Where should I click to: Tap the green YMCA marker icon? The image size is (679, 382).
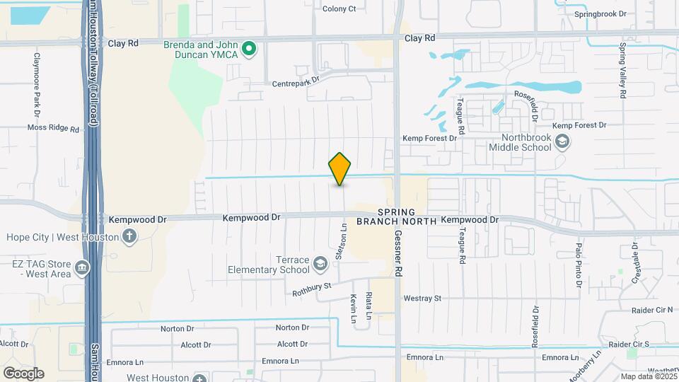(249, 49)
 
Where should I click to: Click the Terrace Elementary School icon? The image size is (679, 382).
(320, 265)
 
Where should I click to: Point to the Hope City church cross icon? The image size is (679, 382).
(129, 236)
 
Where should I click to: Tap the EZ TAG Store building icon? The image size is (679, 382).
(83, 268)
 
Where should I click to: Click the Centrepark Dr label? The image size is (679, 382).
(296, 82)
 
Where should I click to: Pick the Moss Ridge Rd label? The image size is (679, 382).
(53, 128)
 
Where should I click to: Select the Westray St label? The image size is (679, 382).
(422, 299)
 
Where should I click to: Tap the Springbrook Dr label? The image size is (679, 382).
(600, 13)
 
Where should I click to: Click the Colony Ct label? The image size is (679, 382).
(339, 8)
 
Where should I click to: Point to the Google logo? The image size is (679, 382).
(23, 373)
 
